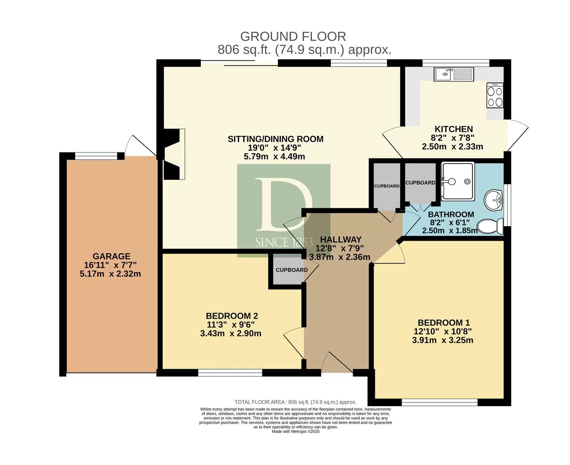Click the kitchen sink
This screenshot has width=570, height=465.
[454, 74]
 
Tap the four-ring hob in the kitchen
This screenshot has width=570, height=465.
[495, 95]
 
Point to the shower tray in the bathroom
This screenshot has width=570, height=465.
[458, 181]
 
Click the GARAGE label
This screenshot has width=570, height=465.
[111, 256]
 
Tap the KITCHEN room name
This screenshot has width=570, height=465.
[453, 129]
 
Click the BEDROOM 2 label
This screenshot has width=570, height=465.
[232, 316]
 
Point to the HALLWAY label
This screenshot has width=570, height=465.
[341, 239]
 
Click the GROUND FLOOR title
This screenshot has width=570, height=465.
[293, 37]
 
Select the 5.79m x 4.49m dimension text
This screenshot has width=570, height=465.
[274, 156]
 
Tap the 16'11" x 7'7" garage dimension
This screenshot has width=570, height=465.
[110, 265]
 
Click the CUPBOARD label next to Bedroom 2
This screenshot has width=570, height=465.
[292, 270]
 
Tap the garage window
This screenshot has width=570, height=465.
[96, 155]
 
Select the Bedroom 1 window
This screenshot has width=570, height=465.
[440, 402]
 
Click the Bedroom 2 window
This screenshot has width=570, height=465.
[230, 372]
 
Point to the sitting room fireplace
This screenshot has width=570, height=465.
[174, 154]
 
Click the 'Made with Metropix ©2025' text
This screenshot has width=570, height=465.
[296, 431]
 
